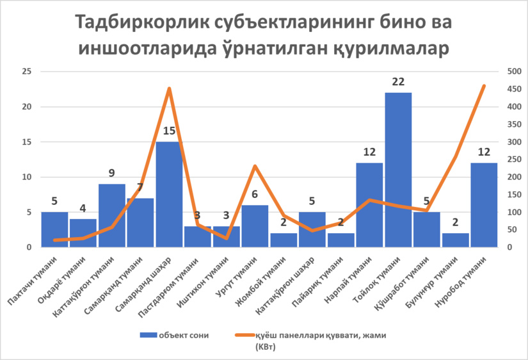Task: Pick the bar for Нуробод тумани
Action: (x=484, y=205)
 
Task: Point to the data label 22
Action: (x=398, y=83)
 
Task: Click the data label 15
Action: (x=169, y=131)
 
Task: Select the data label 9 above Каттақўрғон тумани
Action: (x=112, y=174)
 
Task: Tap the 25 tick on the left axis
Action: (x=26, y=72)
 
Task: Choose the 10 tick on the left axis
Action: (x=26, y=177)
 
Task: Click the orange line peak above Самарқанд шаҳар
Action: (x=169, y=88)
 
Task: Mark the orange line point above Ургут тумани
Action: (x=255, y=167)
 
